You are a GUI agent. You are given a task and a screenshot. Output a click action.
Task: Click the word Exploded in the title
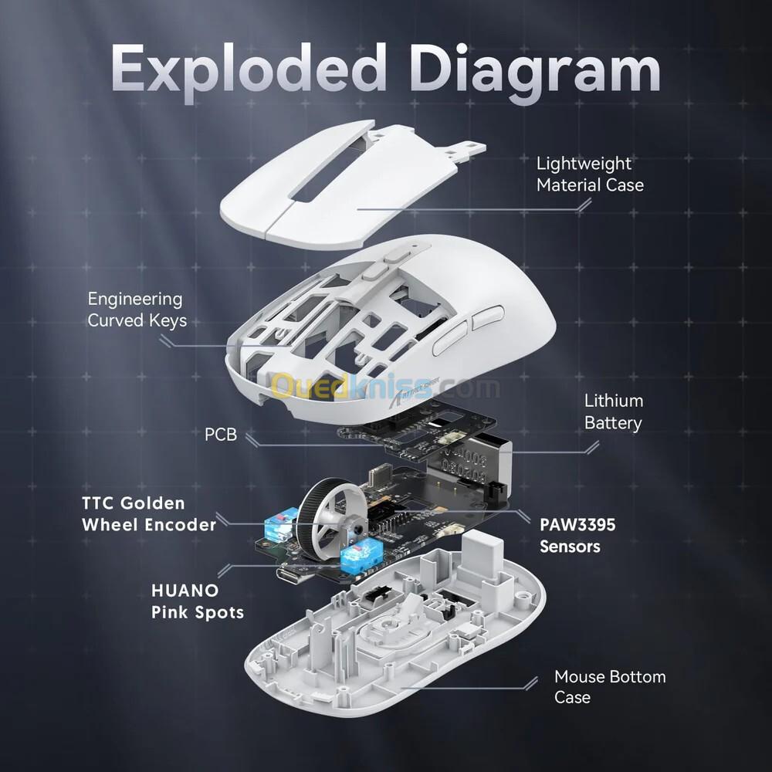coord(249,68)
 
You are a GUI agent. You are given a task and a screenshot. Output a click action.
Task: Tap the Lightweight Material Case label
coord(590,174)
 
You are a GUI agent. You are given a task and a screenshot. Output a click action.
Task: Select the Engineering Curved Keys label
coord(137,310)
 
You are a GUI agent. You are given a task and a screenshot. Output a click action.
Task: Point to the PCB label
coord(221,435)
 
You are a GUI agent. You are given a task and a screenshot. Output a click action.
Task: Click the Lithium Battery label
coord(614,411)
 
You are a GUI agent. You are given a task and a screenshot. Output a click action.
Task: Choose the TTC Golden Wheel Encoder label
coord(149,514)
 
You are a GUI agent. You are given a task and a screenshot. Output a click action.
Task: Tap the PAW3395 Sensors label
coord(577,535)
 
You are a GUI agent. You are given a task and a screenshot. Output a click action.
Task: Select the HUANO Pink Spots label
coord(198,601)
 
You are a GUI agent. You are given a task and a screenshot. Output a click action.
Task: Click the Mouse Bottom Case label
coord(610,686)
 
